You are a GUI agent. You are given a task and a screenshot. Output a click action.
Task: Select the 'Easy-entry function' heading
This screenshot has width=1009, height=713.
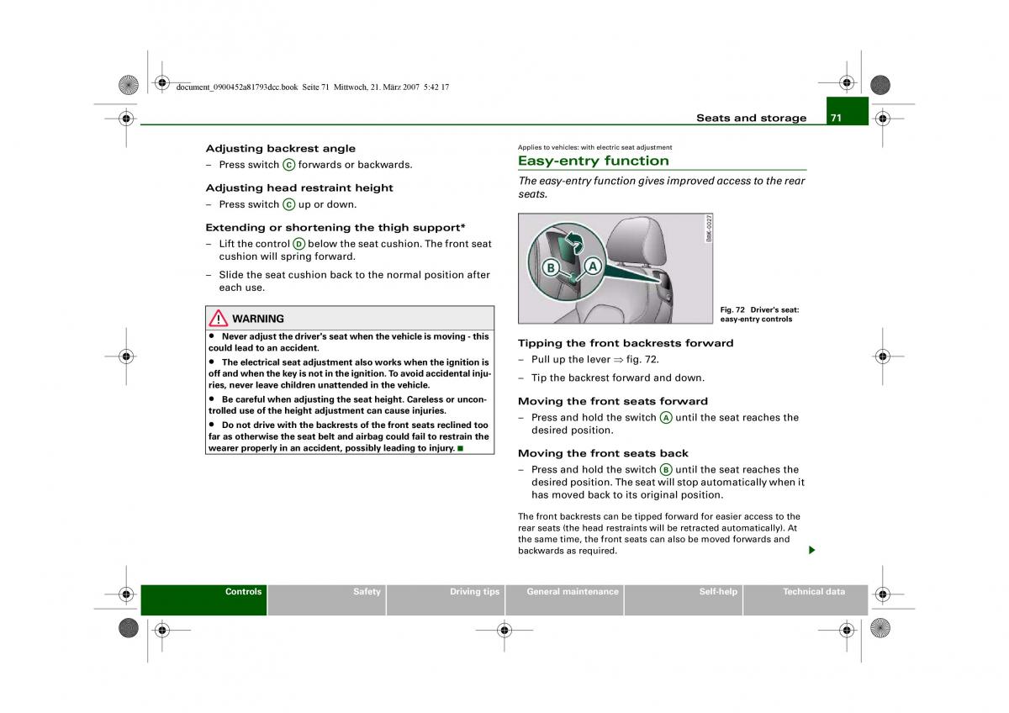[593, 161]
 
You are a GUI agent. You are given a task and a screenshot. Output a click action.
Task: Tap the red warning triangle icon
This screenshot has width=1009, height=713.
[219, 318]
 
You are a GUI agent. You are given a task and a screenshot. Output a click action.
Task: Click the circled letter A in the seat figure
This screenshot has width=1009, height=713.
[592, 267]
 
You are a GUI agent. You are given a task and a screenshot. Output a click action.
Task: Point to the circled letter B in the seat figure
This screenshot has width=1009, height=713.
[551, 268]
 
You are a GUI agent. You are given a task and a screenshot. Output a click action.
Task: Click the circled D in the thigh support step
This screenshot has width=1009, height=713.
[298, 244]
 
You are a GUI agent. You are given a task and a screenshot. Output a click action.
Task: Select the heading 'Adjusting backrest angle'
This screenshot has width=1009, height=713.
[280, 148]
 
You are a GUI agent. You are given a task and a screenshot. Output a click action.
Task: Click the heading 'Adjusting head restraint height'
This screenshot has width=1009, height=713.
[299, 187]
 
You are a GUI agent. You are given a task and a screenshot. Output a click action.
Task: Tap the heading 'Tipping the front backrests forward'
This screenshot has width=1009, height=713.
[626, 343]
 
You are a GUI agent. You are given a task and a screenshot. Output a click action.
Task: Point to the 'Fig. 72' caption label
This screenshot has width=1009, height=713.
[733, 309]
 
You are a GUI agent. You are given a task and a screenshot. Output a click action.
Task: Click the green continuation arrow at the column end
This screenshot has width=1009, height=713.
[811, 550]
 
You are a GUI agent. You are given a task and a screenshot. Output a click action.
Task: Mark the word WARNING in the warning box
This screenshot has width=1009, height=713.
[257, 319]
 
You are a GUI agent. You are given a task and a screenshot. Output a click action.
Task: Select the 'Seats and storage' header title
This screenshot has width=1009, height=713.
[751, 118]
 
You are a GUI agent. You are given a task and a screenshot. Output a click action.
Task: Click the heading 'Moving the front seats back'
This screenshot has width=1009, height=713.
[603, 453]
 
